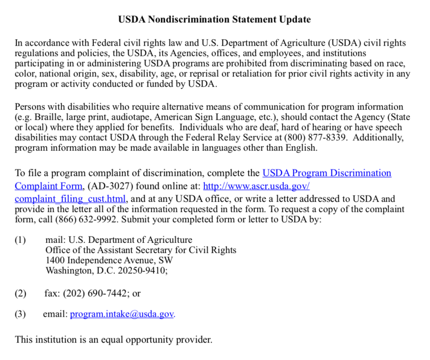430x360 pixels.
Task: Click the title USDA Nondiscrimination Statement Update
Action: [x=214, y=19]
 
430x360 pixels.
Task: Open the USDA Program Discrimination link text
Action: [x=326, y=173]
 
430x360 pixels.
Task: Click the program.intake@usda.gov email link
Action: [x=122, y=314]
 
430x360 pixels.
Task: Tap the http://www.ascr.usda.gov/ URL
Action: [x=256, y=186]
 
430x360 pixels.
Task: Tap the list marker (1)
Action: [x=20, y=240]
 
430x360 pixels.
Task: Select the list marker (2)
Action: [x=20, y=293]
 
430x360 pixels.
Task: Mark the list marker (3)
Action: [x=20, y=314]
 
